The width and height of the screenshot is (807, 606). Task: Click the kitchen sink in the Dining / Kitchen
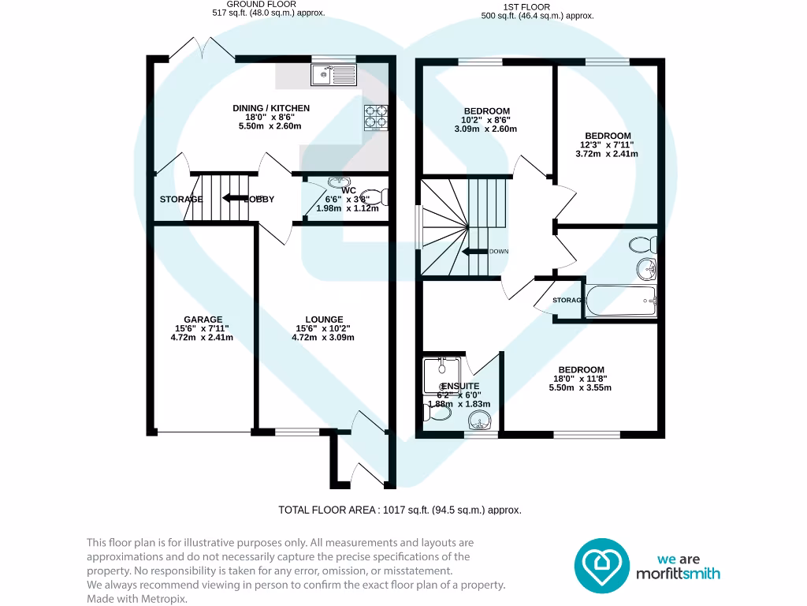pos(334,75)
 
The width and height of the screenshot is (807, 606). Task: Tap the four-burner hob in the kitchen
pos(376,117)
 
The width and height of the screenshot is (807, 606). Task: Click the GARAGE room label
pos(202,320)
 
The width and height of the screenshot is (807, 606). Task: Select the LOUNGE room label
pos(325,320)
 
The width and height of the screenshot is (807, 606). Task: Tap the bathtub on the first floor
pos(619,301)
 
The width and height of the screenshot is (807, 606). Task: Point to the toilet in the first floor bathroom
pos(642,244)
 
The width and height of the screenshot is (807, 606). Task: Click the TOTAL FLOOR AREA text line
pos(400,510)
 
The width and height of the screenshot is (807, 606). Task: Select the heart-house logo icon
pos(601,566)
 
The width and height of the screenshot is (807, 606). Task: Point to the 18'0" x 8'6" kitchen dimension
pos(270,117)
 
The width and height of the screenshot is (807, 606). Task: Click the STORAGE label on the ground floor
pos(181,199)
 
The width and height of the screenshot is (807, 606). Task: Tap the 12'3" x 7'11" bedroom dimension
pos(607,144)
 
